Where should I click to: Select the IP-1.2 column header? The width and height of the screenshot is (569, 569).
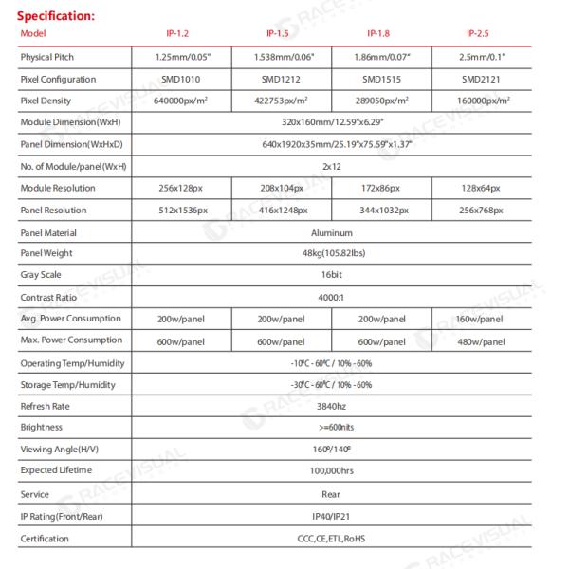(179, 34)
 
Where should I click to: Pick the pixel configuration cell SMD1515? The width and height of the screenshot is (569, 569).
(380, 79)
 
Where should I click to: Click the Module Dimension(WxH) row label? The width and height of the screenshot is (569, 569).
(70, 122)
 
